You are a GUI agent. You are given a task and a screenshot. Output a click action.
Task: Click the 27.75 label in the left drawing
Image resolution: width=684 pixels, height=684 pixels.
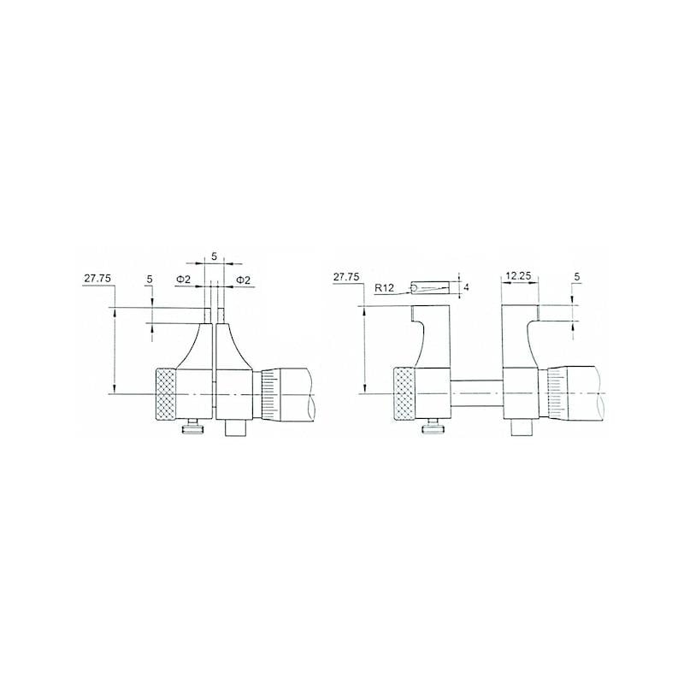pyautogui.click(x=97, y=279)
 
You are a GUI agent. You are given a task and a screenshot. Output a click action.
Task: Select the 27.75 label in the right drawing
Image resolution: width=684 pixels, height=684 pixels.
pyautogui.click(x=346, y=276)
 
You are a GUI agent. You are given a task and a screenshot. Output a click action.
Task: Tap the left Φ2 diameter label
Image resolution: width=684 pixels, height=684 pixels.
pyautogui.click(x=183, y=280)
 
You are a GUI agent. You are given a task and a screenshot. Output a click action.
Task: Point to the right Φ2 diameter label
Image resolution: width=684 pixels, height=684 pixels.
pyautogui.click(x=244, y=280)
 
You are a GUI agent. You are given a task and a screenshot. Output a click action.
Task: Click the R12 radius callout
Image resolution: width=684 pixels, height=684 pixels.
pyautogui.click(x=384, y=288)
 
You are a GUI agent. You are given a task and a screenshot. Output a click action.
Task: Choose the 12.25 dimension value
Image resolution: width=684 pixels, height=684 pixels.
pyautogui.click(x=518, y=275)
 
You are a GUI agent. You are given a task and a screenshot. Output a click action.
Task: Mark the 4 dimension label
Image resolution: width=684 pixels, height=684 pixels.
pyautogui.click(x=466, y=287)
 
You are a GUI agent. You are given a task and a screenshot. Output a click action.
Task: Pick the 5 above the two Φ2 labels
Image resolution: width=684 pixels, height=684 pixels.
pyautogui.click(x=214, y=256)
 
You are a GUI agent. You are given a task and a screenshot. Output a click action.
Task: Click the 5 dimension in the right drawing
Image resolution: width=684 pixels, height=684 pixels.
pyautogui.click(x=577, y=276)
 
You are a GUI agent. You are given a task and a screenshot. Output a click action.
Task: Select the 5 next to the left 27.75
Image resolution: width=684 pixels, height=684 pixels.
pyautogui.click(x=150, y=280)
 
